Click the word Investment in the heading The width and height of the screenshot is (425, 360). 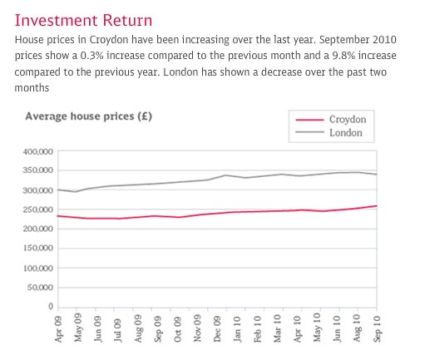[x=56, y=21]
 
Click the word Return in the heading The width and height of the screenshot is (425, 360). [x=127, y=21]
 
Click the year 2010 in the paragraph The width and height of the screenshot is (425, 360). [x=384, y=40]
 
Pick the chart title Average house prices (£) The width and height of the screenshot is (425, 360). [x=89, y=116]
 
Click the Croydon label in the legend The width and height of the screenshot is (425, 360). [x=348, y=120]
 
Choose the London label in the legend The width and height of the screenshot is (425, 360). [x=346, y=133]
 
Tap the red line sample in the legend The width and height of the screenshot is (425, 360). [x=309, y=120]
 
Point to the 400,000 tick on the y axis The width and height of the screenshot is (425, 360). [x=38, y=151]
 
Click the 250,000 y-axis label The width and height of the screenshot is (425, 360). [x=38, y=210]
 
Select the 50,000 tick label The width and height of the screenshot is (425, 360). [x=40, y=288]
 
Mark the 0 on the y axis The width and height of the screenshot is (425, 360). [x=51, y=306]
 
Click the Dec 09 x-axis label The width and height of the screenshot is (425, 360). [x=217, y=328]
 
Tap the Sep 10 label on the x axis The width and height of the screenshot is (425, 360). [x=377, y=328]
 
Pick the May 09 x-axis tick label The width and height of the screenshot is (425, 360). [x=77, y=328]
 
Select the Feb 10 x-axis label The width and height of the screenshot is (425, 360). [x=257, y=328]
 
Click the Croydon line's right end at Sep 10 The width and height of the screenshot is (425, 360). [x=377, y=206]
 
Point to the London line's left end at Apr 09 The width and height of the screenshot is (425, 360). [x=57, y=190]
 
